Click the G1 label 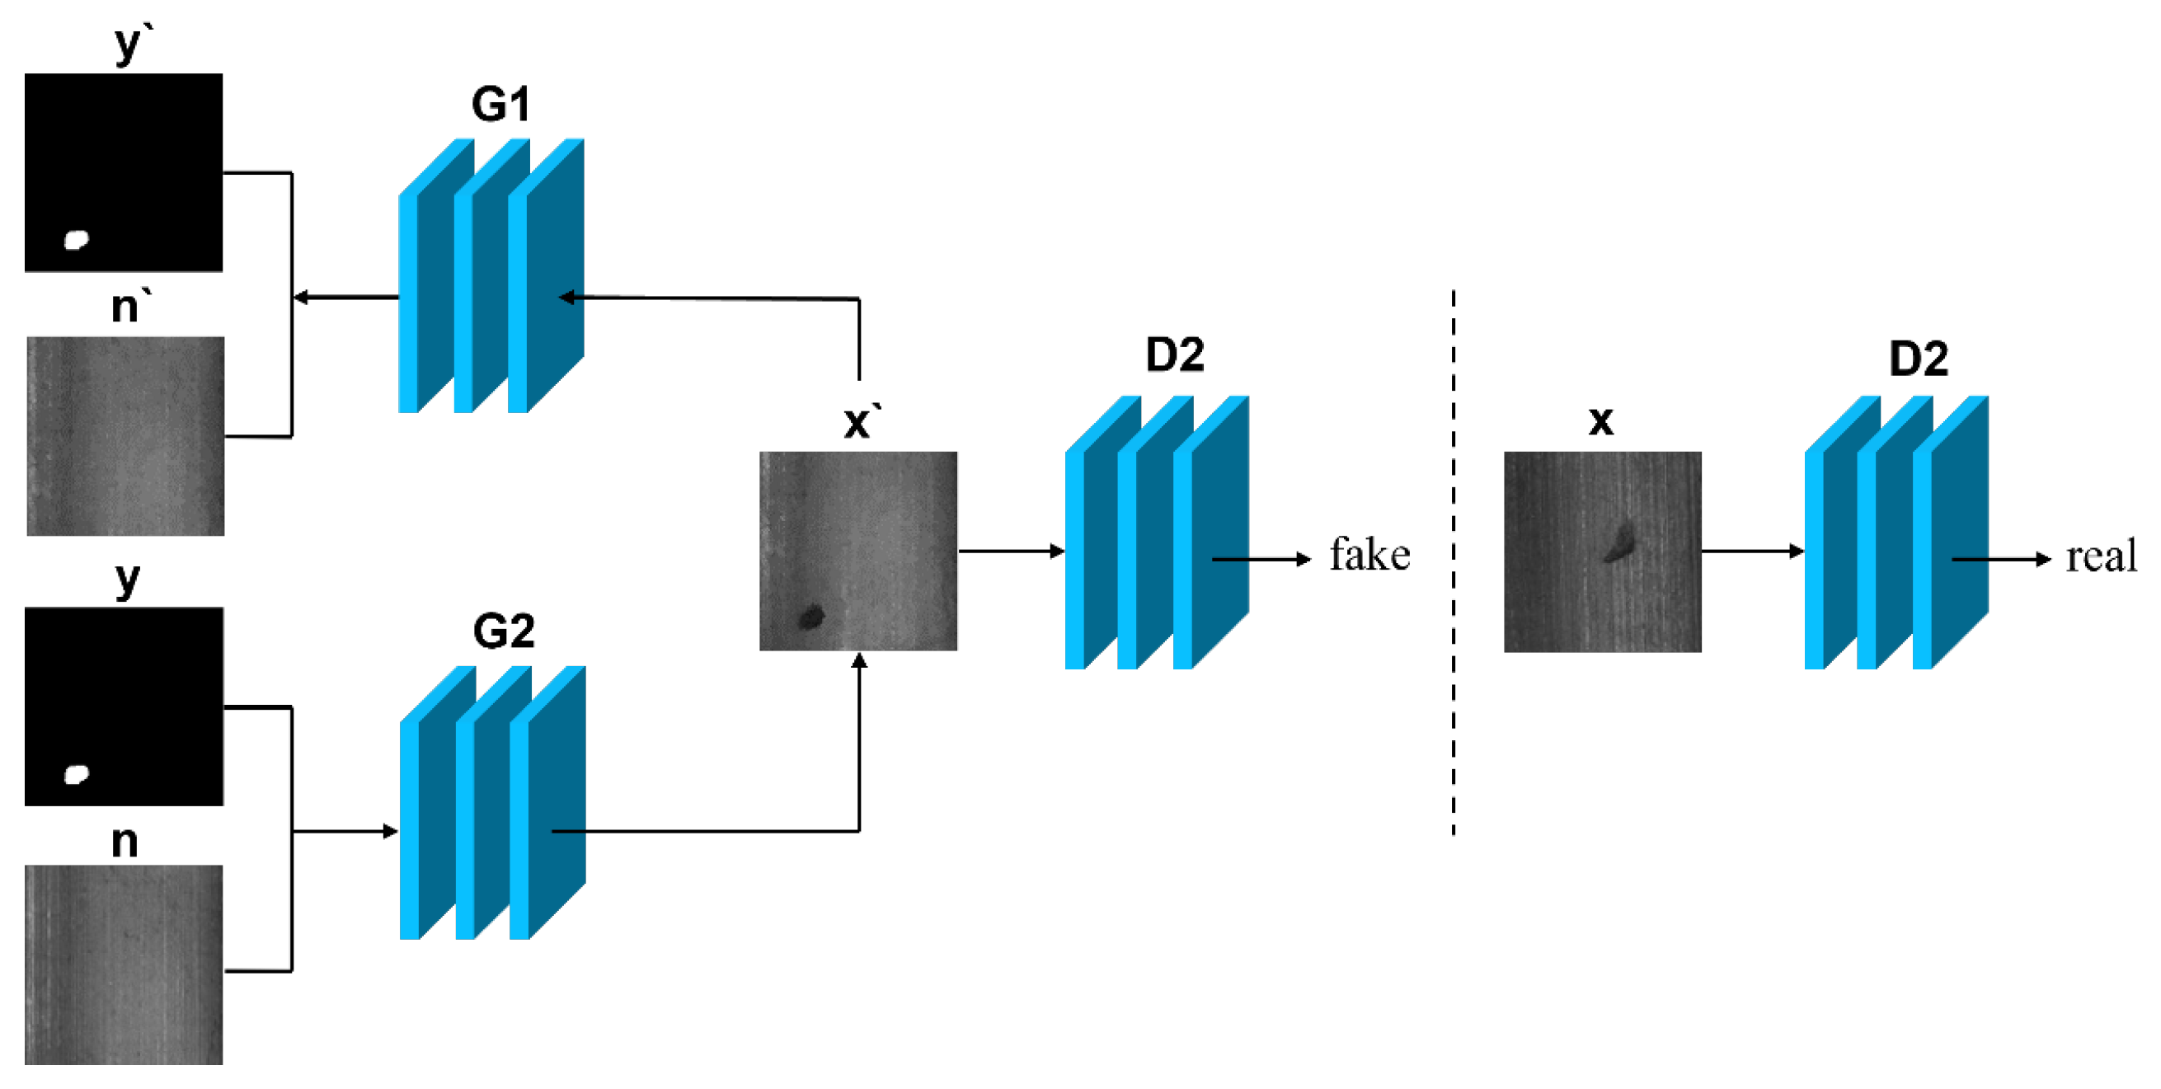[x=500, y=105]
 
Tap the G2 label [x=503, y=631]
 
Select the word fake [x=1369, y=556]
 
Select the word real [x=2101, y=557]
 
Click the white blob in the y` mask [x=77, y=240]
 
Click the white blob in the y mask [x=77, y=774]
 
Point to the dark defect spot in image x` [x=811, y=617]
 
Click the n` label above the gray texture [x=130, y=306]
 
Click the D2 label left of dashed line [x=1174, y=354]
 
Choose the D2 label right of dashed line [x=1919, y=359]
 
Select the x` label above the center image [x=862, y=421]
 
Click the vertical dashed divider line [x=1453, y=562]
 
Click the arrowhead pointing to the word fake [x=1304, y=559]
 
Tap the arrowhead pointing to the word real [x=2044, y=559]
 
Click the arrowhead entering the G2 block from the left [x=391, y=832]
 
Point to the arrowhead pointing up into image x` [x=859, y=661]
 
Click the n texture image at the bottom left [x=124, y=965]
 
